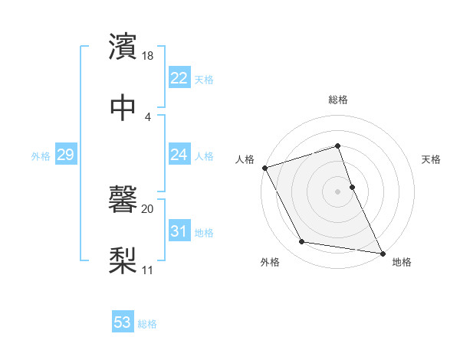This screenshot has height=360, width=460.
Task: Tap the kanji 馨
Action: [123, 200]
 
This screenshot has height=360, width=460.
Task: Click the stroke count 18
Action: [149, 56]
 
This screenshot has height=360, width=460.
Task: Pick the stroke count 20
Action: [148, 208]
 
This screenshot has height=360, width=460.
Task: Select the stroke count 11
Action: [148, 269]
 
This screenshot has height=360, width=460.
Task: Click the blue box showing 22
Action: [179, 78]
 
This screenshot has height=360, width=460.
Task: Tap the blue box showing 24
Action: [179, 155]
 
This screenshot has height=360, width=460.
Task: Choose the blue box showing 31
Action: [179, 231]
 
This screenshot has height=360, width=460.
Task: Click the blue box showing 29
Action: [65, 155]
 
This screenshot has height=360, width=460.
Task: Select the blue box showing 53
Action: [122, 322]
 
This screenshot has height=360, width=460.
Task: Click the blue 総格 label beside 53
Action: [147, 324]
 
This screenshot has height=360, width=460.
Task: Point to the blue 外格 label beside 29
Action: [41, 156]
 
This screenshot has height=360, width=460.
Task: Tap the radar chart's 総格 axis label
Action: [338, 100]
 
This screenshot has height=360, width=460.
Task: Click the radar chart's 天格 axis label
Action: [431, 159]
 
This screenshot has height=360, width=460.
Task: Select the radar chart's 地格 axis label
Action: [402, 262]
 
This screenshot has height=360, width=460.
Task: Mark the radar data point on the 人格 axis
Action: [264, 168]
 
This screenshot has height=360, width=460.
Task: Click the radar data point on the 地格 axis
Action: [383, 252]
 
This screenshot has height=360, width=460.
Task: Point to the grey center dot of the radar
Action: [338, 191]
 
